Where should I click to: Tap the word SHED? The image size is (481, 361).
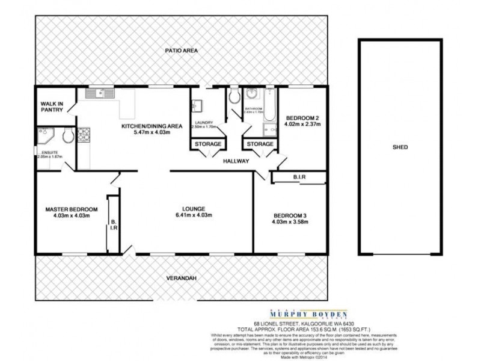pyautogui.click(x=400, y=147)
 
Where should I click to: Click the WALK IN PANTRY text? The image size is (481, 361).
pyautogui.click(x=52, y=106)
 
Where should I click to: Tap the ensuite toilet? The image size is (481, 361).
pyautogui.click(x=67, y=136)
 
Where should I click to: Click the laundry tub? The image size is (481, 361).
pyautogui.click(x=197, y=106)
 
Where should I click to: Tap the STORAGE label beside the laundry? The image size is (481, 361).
pyautogui.click(x=207, y=144)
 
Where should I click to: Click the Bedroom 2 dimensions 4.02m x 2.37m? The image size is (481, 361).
pyautogui.click(x=303, y=125)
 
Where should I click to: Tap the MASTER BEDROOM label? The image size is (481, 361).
pyautogui.click(x=72, y=209)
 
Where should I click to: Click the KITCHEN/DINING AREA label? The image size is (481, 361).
pyautogui.click(x=152, y=126)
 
